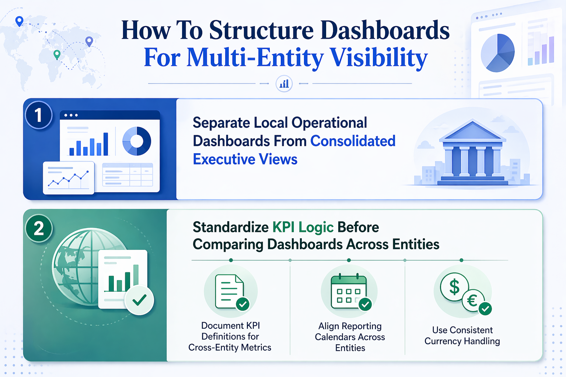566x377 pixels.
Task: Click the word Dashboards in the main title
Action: [385, 30]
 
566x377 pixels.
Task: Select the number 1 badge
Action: [38, 115]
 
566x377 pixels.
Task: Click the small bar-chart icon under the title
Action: [284, 84]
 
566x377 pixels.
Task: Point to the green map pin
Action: [57, 54]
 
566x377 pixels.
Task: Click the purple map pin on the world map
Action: [89, 41]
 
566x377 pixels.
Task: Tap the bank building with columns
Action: [472, 152]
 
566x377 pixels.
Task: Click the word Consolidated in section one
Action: [353, 141]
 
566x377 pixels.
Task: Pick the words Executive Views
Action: [245, 159]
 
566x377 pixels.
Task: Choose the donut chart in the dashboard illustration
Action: [137, 141]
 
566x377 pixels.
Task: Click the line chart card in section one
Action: [69, 178]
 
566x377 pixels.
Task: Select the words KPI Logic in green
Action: [303, 228]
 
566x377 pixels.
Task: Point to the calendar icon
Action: [348, 292]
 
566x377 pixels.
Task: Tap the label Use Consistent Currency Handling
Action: [462, 335]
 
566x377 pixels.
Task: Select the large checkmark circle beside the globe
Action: [139, 300]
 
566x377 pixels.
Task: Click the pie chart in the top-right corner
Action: [497, 53]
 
